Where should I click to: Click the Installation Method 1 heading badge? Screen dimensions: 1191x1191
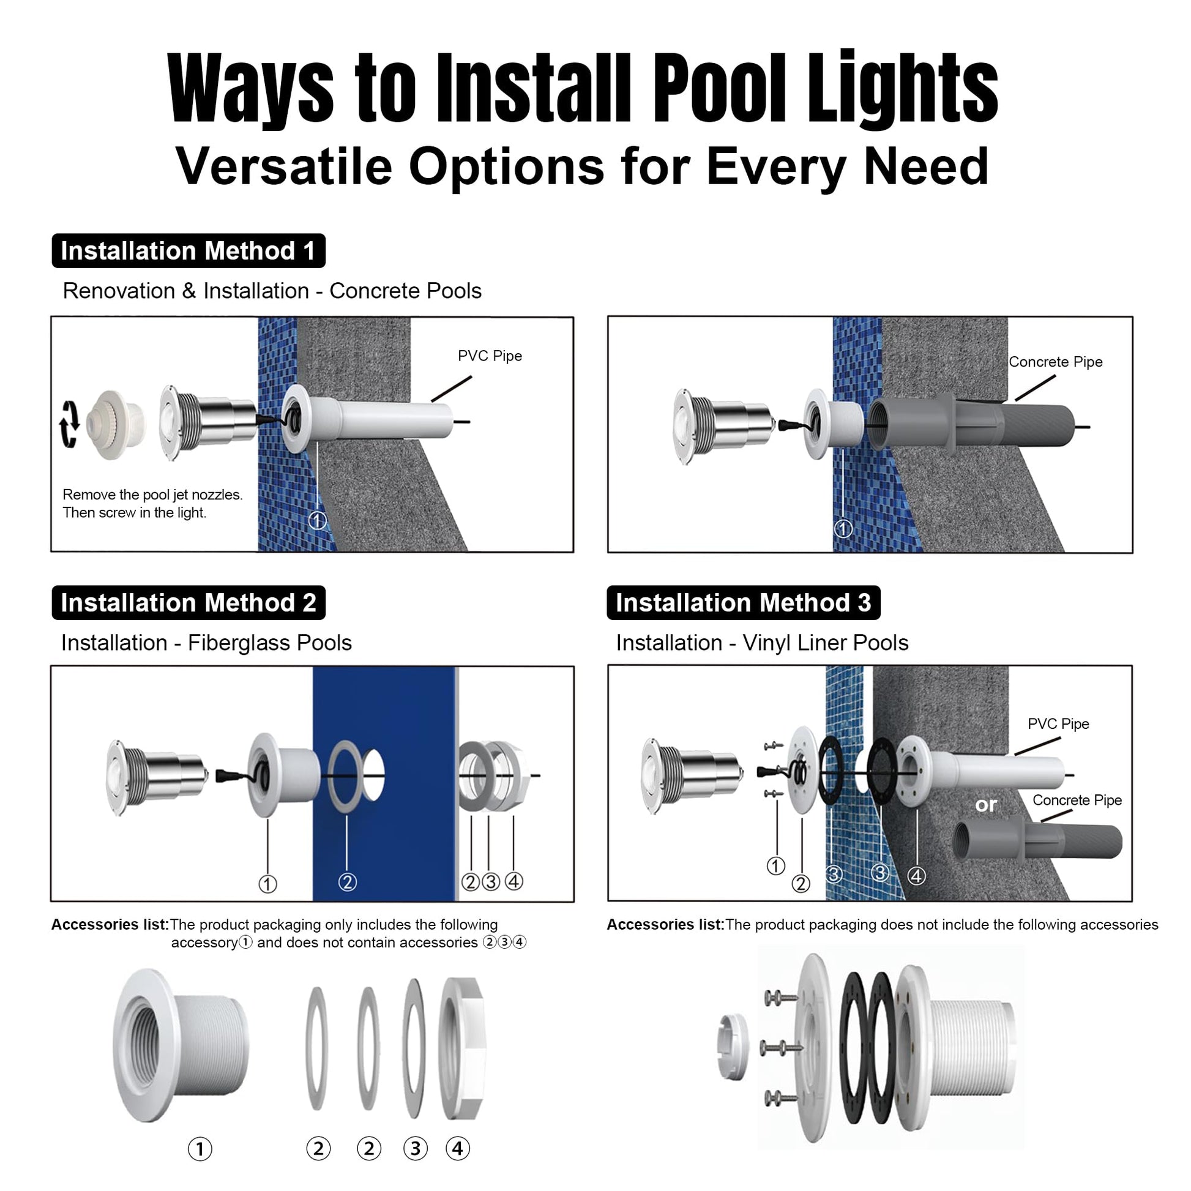tap(189, 251)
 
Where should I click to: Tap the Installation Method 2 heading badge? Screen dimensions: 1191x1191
tap(189, 602)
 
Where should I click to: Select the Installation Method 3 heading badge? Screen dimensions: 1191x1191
tap(744, 602)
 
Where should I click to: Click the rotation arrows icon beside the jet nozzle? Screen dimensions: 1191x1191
tap(69, 424)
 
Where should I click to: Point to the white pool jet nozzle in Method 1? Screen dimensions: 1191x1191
tap(116, 425)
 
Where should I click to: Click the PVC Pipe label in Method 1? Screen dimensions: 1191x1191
tap(490, 356)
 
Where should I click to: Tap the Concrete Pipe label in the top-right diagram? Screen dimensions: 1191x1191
tap(1055, 362)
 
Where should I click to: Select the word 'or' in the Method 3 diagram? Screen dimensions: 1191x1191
tap(986, 804)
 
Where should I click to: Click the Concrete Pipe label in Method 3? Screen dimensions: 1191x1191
tap(1077, 799)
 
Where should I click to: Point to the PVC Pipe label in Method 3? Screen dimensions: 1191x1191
tap(1058, 724)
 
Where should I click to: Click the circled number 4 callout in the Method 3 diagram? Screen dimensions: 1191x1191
tap(917, 875)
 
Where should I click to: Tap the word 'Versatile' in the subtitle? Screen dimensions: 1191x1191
tap(284, 166)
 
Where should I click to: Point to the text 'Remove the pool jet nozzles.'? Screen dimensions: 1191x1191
tap(153, 495)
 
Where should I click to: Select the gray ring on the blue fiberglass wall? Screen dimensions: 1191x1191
tap(346, 775)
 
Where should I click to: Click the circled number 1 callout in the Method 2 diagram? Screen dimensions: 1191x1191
tap(267, 884)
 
